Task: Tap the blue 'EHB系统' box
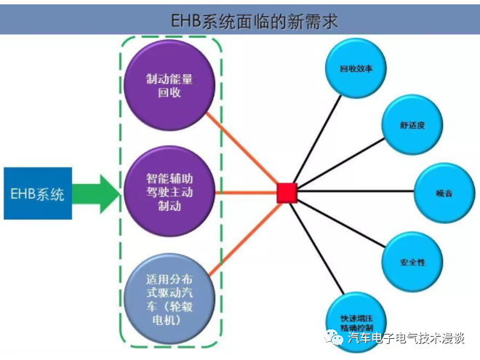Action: [x=38, y=193]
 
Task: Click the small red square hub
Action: [x=287, y=193]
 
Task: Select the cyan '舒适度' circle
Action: [x=412, y=124]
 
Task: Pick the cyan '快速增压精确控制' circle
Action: [x=356, y=320]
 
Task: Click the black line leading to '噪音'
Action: [x=356, y=193]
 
